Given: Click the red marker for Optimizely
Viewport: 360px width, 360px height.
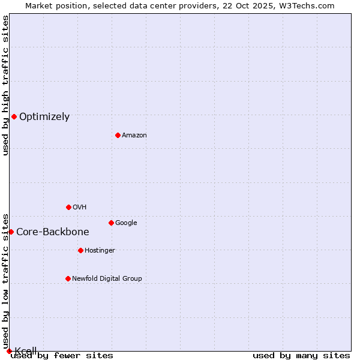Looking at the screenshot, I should pos(14,116).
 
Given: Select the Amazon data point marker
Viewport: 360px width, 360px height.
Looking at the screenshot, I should pos(118,135).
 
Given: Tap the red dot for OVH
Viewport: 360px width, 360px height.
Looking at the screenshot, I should pos(68,207).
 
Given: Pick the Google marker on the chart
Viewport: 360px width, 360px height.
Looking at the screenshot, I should pos(111,223).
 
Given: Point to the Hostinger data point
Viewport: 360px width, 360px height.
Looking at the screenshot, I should pos(80,250).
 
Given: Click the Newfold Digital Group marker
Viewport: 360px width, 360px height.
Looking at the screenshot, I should pos(68,278).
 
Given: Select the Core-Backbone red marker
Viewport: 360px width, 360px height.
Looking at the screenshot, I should pos(11,232).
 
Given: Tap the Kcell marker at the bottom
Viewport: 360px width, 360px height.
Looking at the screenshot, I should pos(9,351).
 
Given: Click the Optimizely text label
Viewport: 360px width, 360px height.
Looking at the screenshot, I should pos(44,117).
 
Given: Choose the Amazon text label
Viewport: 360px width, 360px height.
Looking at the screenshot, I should pos(134,136).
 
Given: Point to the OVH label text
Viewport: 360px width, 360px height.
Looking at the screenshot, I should pos(80,208).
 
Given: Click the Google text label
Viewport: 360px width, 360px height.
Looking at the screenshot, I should pos(126,223).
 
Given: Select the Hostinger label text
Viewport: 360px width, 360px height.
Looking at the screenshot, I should pos(100,251).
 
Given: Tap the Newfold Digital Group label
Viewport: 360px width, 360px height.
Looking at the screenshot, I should pos(107,279).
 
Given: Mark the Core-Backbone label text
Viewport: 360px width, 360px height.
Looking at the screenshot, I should pos(53,232).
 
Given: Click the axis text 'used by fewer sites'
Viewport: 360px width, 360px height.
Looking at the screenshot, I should pos(62,356).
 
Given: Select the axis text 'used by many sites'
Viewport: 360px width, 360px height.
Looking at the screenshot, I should pos(301,356).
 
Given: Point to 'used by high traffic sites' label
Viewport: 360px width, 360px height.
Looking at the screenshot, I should pos(5,85).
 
